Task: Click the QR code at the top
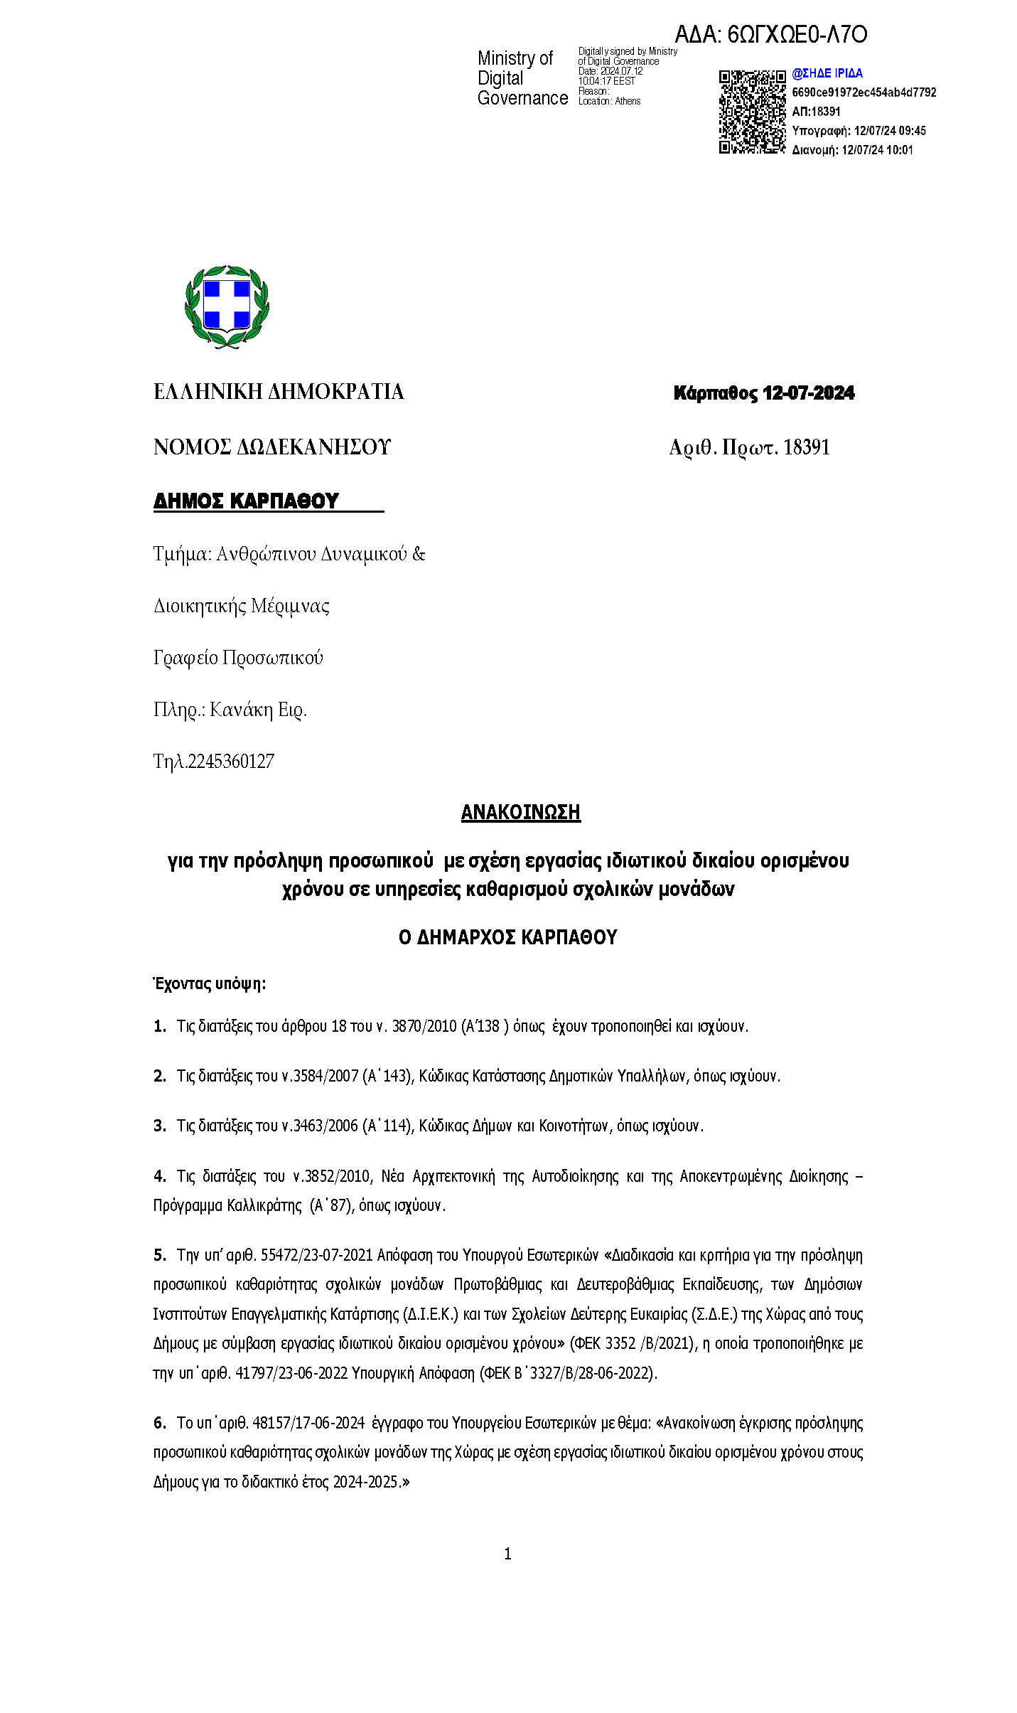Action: click(x=751, y=112)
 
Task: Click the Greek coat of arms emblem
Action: click(x=227, y=306)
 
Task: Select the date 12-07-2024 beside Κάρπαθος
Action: click(x=808, y=393)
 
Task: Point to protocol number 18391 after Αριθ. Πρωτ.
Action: click(x=806, y=447)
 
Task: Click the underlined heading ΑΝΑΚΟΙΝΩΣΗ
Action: click(x=520, y=812)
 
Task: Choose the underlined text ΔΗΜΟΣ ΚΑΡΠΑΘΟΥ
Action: click(x=246, y=501)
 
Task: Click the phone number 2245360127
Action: click(x=230, y=762)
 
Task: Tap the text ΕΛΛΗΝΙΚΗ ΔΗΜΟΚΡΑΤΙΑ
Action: click(x=279, y=392)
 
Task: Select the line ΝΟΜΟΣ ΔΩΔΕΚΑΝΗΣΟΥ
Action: click(x=272, y=447)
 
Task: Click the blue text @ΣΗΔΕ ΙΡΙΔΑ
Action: click(x=827, y=73)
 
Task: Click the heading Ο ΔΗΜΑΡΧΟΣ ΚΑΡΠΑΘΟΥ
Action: click(x=507, y=937)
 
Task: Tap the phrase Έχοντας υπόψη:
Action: click(x=210, y=984)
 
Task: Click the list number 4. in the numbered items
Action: click(x=160, y=1176)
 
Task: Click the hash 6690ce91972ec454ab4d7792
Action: click(x=863, y=92)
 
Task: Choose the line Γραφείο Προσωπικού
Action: click(x=238, y=658)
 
